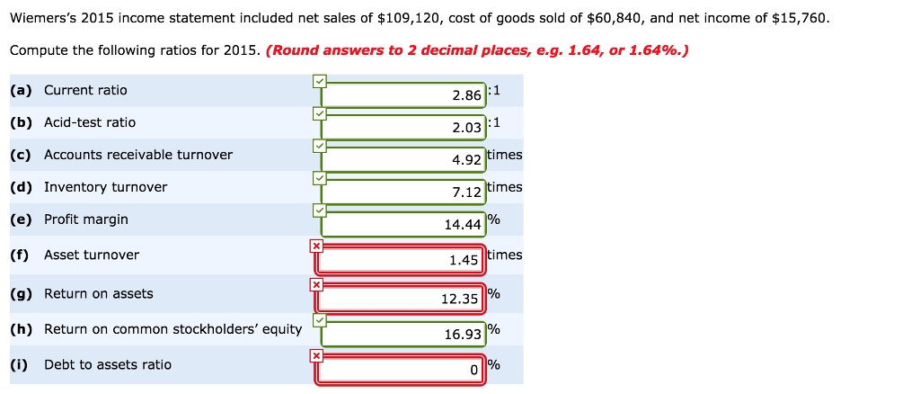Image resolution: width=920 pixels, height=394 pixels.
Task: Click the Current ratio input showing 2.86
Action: (x=403, y=94)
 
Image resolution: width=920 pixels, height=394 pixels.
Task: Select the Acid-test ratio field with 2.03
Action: (x=403, y=127)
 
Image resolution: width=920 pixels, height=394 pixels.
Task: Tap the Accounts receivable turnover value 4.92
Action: (x=403, y=160)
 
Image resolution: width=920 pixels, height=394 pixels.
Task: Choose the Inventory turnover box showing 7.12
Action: (x=403, y=192)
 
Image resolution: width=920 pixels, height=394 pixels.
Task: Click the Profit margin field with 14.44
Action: (x=403, y=224)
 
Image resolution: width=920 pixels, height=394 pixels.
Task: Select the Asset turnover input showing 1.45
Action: (x=401, y=260)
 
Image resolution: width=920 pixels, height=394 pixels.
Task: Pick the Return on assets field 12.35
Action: (x=401, y=299)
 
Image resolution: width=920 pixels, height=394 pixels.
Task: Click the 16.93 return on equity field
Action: (x=403, y=334)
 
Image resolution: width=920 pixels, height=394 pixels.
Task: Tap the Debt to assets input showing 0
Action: (x=401, y=370)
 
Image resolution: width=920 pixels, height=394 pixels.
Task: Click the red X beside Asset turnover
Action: (x=315, y=246)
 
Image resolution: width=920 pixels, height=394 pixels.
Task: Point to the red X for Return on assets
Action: (x=315, y=284)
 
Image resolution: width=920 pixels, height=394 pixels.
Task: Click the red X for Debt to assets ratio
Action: (x=315, y=355)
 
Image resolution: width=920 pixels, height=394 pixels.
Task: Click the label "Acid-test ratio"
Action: (x=90, y=122)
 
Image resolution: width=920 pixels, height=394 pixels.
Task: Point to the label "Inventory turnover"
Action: (x=105, y=187)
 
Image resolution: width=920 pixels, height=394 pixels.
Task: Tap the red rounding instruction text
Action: (x=478, y=50)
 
